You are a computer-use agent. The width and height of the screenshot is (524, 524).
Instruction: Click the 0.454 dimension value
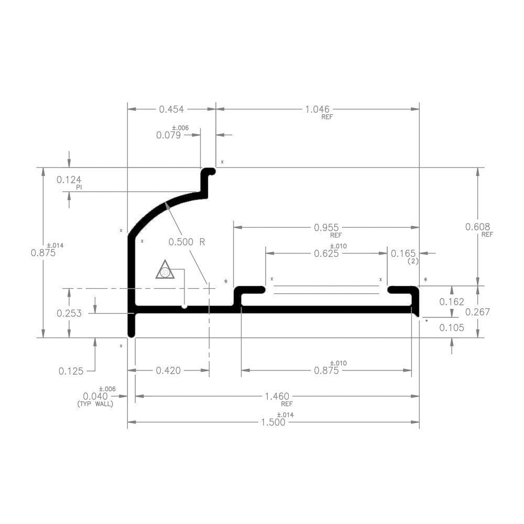pos(171,109)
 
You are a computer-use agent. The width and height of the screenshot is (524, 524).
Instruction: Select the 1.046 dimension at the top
pos(317,109)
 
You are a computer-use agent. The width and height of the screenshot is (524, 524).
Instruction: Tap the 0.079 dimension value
pos(168,135)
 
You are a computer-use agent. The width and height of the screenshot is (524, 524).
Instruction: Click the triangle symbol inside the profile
pos(165,270)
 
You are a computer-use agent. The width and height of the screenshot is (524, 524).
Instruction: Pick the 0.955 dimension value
pos(326,227)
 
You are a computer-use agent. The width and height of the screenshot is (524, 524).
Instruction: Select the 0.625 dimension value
pos(326,254)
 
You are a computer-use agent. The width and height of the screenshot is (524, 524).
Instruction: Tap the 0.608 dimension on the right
pos(477,227)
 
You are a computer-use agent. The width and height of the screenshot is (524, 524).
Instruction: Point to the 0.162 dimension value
pos(451,302)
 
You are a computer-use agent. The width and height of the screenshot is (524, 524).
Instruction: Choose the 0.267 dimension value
pos(477,312)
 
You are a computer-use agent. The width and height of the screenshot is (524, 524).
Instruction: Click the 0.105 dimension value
pos(451,328)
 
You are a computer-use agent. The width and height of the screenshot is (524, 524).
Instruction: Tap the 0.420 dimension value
pos(168,371)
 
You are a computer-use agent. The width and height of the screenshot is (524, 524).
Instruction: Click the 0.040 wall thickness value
pos(95,396)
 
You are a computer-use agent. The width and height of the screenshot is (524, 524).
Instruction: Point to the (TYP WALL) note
pos(95,405)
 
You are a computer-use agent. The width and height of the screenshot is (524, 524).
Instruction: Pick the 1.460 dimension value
pos(278,396)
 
